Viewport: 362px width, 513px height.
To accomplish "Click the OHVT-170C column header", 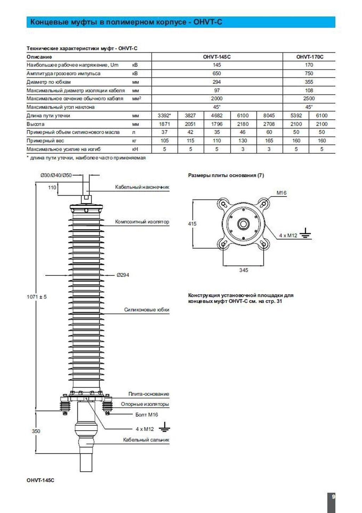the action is click(310, 57).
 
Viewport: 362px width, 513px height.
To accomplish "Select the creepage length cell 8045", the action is click(269, 115).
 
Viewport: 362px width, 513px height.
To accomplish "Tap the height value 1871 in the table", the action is click(164, 124).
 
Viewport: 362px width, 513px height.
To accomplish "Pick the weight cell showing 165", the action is click(269, 141).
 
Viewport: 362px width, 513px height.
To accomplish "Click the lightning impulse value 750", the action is click(309, 73).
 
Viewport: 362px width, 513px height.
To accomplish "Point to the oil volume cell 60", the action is click(269, 132).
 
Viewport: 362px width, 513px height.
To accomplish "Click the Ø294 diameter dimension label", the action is click(123, 275).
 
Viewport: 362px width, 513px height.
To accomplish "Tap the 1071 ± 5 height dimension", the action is click(37, 297).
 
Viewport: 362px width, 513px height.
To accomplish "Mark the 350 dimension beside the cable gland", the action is click(36, 431).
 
